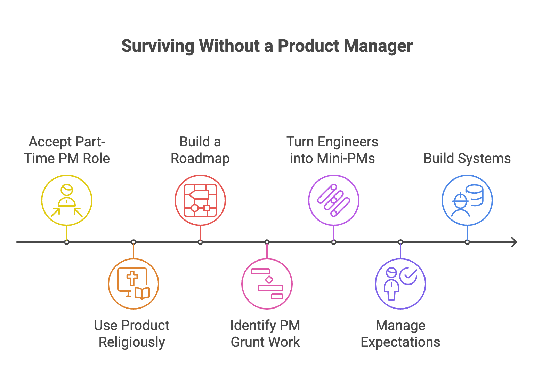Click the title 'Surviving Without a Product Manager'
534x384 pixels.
[267, 46]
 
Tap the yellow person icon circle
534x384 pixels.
[67, 200]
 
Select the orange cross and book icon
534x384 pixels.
[133, 284]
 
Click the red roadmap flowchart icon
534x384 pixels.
[200, 200]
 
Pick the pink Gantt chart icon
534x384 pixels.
[267, 284]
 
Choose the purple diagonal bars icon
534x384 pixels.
[334, 200]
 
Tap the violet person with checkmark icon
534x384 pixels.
[400, 284]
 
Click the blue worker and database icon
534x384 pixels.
[467, 200]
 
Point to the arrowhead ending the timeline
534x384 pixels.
[514, 242]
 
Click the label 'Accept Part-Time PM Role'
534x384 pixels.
[67, 150]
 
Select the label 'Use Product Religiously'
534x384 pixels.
[132, 334]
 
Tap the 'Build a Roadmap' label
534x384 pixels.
[200, 150]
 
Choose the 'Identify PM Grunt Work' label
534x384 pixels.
[265, 334]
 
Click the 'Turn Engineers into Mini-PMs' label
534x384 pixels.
[332, 150]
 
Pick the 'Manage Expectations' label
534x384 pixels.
[400, 334]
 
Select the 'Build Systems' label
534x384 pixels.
[467, 158]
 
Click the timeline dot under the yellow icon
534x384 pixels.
[67, 242]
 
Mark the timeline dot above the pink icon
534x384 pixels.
[267, 242]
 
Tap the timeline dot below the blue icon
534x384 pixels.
[467, 242]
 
